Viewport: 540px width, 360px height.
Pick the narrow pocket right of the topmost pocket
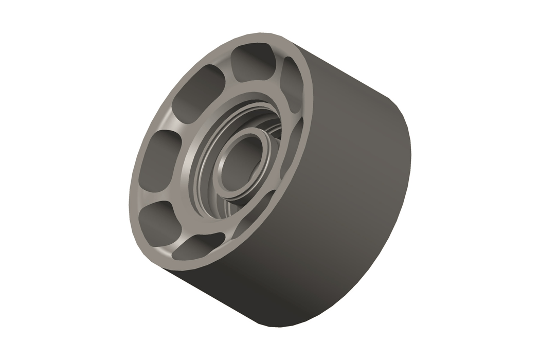(290, 82)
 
